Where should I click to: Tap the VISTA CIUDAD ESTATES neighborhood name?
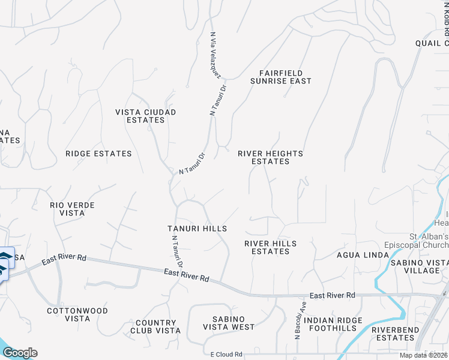[146, 116]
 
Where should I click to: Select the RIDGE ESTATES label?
[98, 154]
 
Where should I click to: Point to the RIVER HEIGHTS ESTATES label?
[270, 157]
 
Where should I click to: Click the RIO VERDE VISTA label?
[72, 209]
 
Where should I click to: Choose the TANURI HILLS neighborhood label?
[197, 229]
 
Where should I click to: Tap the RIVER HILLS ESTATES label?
[270, 247]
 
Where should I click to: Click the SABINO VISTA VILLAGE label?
[419, 266]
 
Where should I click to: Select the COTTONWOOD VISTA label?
[77, 315]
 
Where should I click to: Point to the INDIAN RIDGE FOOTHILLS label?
[333, 325]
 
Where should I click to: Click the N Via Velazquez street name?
[215, 55]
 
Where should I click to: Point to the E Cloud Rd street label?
[223, 355]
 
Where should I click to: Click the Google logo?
[20, 353]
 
